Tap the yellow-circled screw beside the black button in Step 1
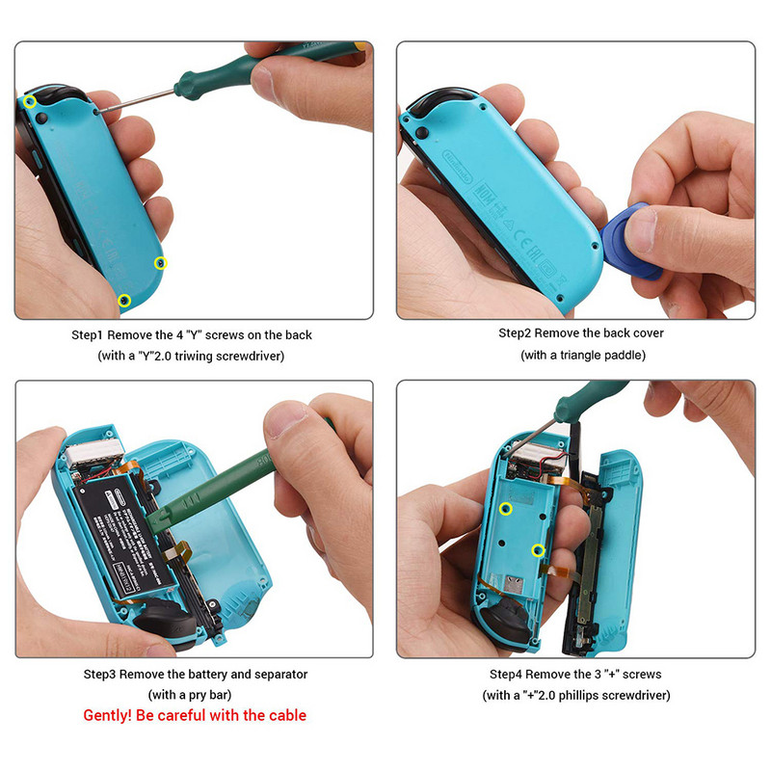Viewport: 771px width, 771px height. point(30,101)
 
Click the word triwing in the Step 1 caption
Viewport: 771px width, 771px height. point(204,356)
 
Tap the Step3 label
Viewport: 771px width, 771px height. point(101,675)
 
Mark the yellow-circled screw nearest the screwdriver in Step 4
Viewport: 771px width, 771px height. point(505,509)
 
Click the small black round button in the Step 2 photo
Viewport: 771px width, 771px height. point(422,132)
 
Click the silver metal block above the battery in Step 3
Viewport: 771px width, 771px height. point(95,446)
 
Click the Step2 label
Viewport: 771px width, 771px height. point(517,333)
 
